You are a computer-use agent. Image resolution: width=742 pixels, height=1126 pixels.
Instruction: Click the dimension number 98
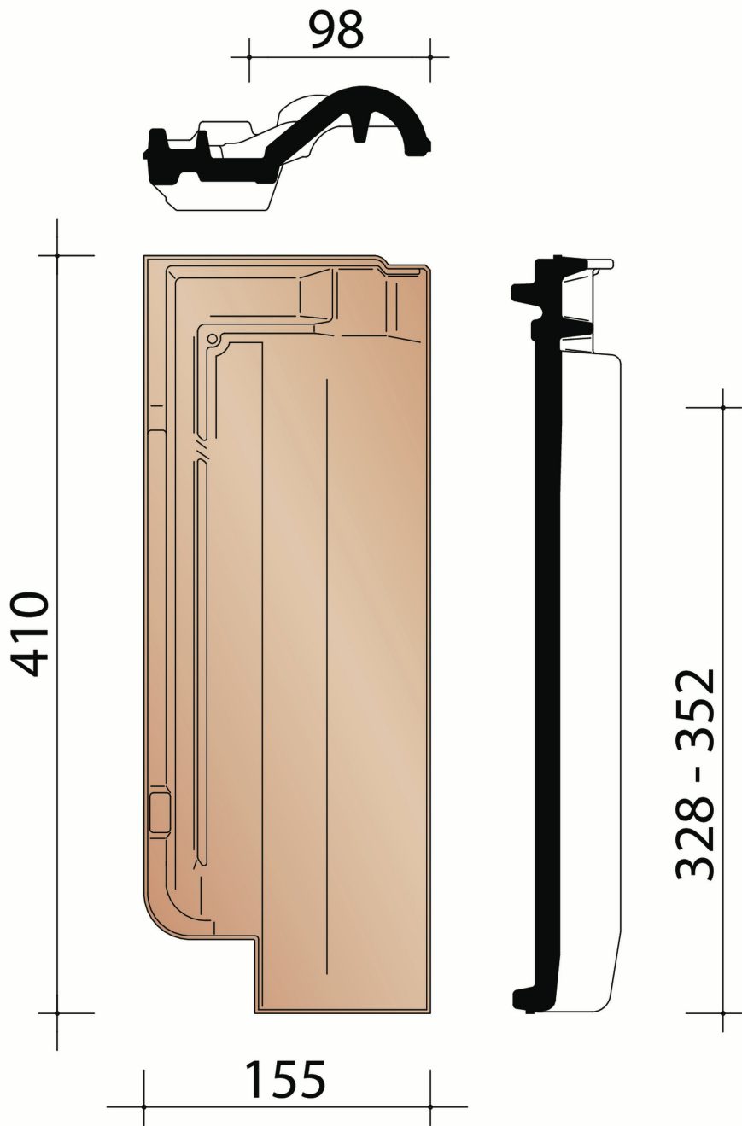(336, 30)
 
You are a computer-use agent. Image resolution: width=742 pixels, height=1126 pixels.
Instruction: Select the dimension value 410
(33, 633)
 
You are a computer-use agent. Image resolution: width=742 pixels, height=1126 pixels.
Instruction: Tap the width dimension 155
(286, 1080)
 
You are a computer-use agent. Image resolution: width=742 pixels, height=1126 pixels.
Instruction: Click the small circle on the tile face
(212, 340)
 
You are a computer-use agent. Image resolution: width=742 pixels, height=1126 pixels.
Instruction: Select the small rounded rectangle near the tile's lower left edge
(159, 811)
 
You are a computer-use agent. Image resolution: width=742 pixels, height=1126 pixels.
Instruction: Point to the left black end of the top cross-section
(155, 150)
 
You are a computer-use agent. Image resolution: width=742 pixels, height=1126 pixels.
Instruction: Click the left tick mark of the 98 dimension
(249, 57)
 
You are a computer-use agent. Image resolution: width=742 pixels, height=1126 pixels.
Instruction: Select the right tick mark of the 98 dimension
(430, 57)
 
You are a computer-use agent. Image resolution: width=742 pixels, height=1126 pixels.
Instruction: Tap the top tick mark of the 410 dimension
(57, 255)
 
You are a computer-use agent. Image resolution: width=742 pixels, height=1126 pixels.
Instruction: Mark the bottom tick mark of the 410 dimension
(57, 1013)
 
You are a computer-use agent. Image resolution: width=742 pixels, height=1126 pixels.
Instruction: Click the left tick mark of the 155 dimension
(143, 1107)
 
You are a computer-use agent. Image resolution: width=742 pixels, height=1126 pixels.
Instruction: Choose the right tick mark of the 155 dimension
(430, 1107)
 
